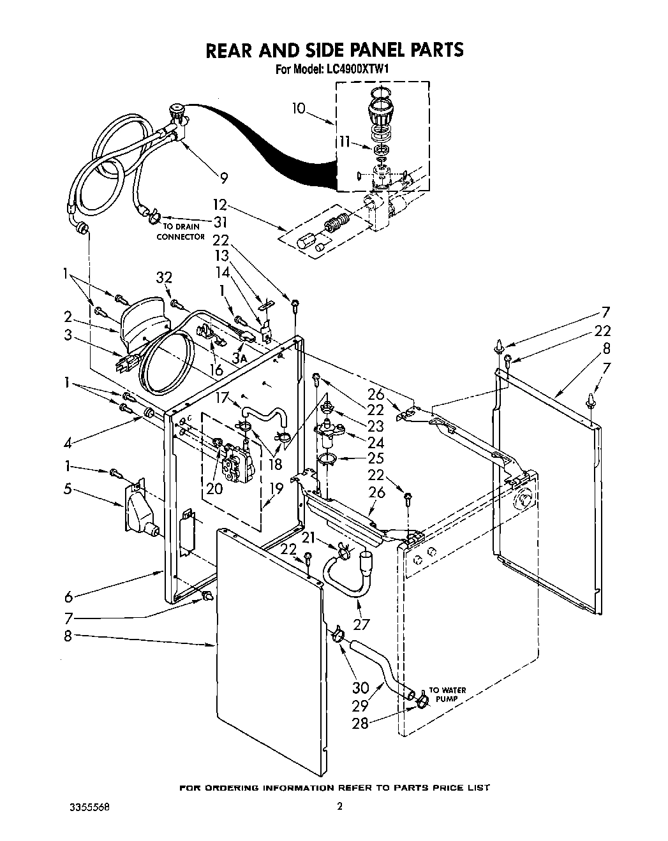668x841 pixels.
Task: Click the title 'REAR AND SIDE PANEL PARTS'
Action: coord(334,50)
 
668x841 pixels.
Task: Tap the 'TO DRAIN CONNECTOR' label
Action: coord(181,231)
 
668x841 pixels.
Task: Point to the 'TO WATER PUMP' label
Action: coord(447,694)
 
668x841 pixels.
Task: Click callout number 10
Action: coord(299,108)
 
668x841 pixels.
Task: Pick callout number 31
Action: coord(221,222)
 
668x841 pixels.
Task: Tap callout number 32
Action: coord(164,278)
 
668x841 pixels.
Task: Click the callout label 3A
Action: coord(239,360)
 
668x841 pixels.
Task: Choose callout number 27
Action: coord(362,624)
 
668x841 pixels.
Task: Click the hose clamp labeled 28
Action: coord(420,703)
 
